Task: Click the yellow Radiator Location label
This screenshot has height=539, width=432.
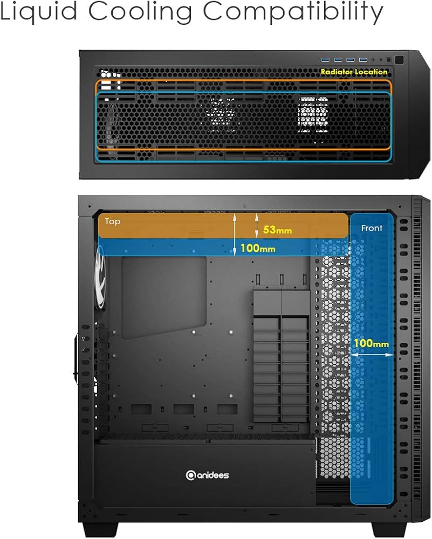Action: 354,72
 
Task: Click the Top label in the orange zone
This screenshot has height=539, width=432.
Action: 113,222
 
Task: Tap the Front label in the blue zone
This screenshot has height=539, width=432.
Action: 372,228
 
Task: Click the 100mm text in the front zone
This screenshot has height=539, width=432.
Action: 371,343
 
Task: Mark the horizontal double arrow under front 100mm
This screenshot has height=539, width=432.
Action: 371,355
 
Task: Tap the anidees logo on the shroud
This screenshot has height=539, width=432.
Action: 207,475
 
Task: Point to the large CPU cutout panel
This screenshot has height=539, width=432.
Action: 164,296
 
